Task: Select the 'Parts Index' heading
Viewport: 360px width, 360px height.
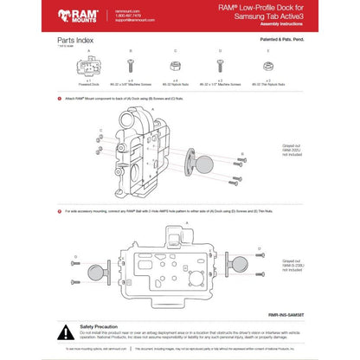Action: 75,41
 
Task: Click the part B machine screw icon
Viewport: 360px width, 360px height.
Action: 129,66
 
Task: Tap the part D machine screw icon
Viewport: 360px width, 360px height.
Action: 222,66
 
